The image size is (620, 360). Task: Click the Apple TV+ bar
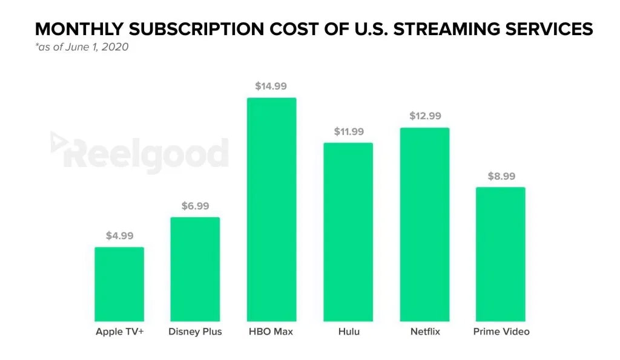[119, 284]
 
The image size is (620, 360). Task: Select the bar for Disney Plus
[195, 269]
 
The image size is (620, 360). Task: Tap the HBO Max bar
[271, 209]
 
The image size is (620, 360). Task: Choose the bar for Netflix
[424, 224]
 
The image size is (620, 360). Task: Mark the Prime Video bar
[500, 254]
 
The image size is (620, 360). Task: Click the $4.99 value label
[119, 236]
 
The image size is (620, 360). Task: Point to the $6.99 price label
[195, 206]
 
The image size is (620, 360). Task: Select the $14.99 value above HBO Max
[271, 87]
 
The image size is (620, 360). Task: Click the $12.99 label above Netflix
[424, 116]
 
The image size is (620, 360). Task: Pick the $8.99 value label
[501, 177]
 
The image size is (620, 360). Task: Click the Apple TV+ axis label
[119, 332]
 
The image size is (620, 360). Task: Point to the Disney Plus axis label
[195, 332]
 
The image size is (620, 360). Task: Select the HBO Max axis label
[271, 332]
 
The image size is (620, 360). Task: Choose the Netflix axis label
[424, 332]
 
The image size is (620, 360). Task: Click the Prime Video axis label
[501, 332]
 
